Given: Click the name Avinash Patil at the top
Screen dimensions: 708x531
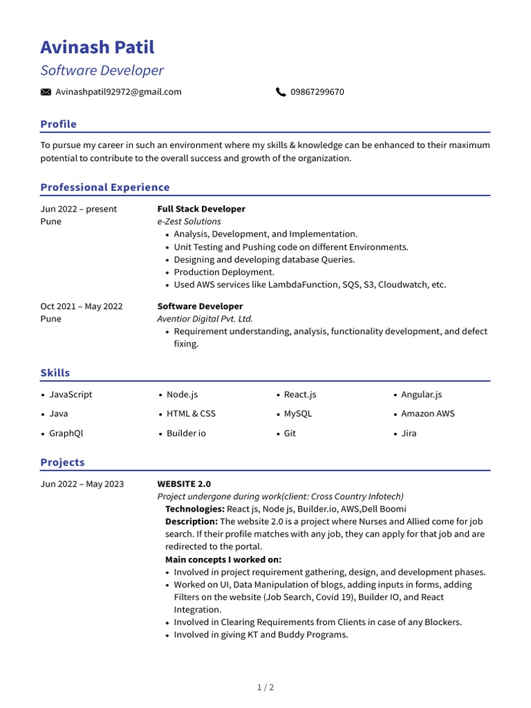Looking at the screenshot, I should (97, 47).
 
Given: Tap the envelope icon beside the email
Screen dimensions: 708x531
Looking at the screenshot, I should (46, 92).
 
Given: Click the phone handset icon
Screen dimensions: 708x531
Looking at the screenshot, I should (281, 92).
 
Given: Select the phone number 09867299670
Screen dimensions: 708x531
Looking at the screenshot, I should (317, 92).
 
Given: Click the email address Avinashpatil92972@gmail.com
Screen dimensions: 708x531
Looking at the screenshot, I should (118, 92).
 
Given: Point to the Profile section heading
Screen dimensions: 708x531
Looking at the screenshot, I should (59, 124).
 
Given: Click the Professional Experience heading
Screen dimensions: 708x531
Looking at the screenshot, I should (105, 187).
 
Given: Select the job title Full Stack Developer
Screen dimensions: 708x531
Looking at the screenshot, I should (201, 209).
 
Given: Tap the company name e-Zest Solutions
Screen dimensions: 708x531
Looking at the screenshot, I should (189, 221).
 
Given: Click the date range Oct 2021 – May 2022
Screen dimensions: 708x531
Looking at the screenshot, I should (81, 306).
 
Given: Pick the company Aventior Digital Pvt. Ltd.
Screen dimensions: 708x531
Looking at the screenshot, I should (205, 319).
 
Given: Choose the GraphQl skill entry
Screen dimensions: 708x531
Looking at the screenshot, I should (66, 434).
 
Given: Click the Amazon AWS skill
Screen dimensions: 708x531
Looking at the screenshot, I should (428, 413).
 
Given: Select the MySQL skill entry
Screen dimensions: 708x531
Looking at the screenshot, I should (298, 413).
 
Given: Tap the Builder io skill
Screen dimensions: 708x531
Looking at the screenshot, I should (186, 434).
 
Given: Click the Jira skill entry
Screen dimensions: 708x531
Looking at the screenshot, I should (409, 434).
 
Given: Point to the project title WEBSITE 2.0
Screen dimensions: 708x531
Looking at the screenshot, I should (184, 484).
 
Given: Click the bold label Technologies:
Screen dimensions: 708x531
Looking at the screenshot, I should (195, 509).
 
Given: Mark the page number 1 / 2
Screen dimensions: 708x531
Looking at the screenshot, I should (265, 687).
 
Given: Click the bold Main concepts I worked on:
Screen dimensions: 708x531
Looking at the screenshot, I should (223, 559).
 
